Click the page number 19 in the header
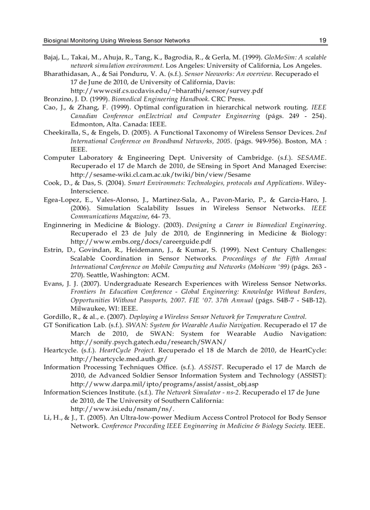click(x=322, y=40)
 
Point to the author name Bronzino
click(x=58, y=99)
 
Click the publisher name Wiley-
click(x=316, y=183)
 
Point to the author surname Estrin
click(x=53, y=250)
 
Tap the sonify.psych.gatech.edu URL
click(x=148, y=342)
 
